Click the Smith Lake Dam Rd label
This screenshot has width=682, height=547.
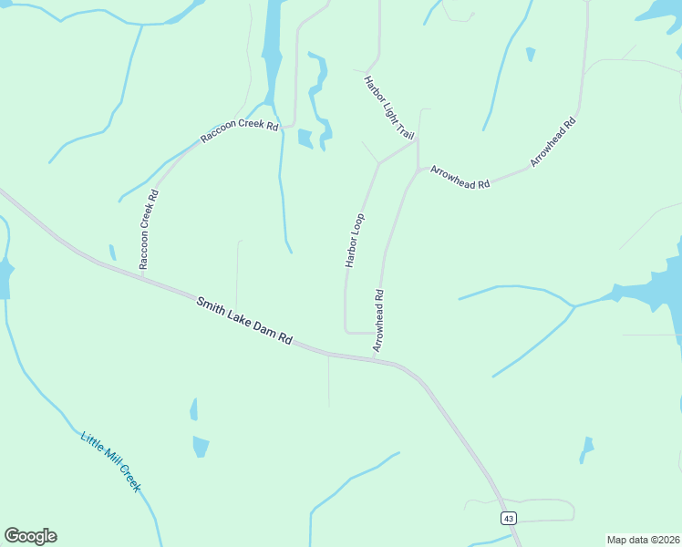click(x=243, y=319)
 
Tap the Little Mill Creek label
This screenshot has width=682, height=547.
click(x=110, y=462)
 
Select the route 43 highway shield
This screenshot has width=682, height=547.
click(x=509, y=518)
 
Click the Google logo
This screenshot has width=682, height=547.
click(x=30, y=536)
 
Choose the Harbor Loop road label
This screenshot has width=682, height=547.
click(x=355, y=240)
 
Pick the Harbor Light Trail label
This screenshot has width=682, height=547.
click(x=389, y=108)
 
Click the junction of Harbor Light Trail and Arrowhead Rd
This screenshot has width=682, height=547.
click(x=418, y=140)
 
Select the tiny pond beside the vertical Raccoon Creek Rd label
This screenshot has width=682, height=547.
click(x=112, y=253)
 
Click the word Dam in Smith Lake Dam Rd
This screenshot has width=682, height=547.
click(x=263, y=327)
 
